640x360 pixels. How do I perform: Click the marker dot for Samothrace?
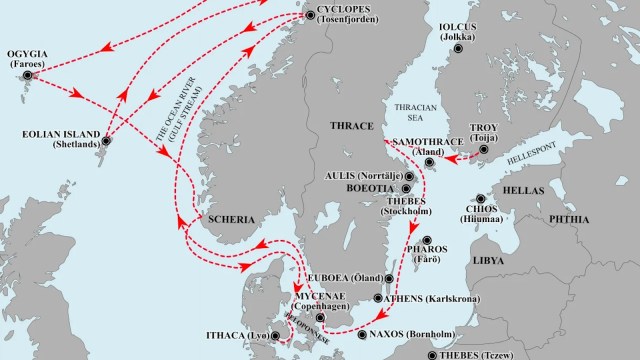point(429,161)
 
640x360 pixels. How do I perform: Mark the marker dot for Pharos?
point(427,241)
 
